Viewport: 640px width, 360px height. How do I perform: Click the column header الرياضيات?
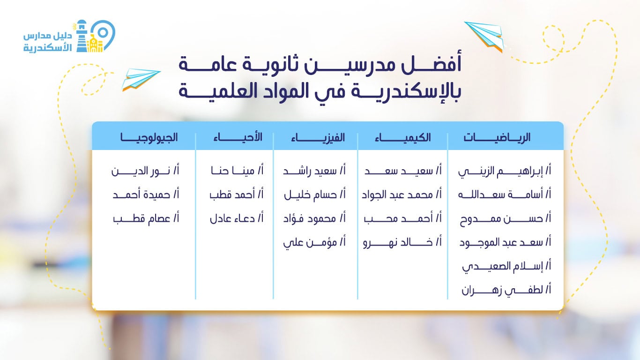(x=497, y=137)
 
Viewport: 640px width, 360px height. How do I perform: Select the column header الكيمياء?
(x=403, y=137)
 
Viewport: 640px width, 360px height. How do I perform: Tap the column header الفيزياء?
(x=318, y=137)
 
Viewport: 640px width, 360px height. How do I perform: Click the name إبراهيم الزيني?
(x=505, y=171)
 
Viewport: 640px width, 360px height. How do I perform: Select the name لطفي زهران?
(x=506, y=290)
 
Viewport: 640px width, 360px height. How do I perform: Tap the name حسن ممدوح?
(x=505, y=218)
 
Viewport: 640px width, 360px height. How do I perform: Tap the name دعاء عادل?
(x=237, y=218)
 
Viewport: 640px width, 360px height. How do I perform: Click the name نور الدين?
(x=145, y=171)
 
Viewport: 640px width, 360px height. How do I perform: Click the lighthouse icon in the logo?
(x=82, y=37)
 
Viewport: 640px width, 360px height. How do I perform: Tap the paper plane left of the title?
(x=140, y=78)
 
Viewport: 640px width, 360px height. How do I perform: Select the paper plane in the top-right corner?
(x=484, y=35)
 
